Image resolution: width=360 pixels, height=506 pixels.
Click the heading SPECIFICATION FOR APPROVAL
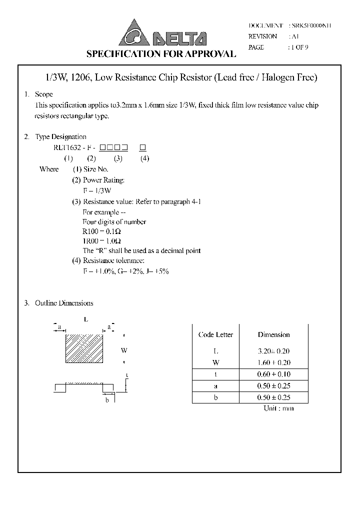tap(161, 54)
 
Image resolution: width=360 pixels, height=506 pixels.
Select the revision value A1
tap(294, 36)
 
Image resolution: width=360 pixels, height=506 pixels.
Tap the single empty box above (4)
tap(142, 147)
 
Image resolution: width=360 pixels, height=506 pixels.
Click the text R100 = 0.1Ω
tap(101, 231)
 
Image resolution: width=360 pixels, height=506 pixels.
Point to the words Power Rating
tap(103, 180)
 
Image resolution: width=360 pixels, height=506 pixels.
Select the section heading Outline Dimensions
tap(64, 303)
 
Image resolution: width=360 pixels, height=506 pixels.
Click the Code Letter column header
tap(215, 334)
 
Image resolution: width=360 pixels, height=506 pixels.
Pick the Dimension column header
tap(273, 334)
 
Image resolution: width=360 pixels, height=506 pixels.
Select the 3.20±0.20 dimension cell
tap(273, 351)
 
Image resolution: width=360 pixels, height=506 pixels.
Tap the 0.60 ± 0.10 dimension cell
tap(273, 374)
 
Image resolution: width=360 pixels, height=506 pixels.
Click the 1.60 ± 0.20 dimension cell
tap(273, 362)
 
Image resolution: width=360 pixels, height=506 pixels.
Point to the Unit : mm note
tap(278, 408)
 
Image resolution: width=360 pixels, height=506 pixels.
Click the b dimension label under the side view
tap(107, 399)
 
